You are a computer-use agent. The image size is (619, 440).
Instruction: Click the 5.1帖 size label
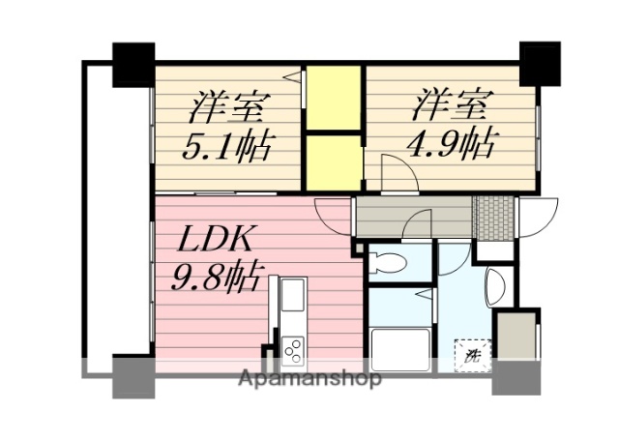[227, 148]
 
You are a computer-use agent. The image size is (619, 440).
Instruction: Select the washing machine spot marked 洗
[473, 355]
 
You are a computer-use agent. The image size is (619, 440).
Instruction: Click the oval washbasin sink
[493, 285]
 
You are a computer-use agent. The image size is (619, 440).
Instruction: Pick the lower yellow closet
[333, 161]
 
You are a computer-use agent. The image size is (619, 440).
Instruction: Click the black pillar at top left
[133, 65]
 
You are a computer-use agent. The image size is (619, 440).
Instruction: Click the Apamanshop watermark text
[309, 378]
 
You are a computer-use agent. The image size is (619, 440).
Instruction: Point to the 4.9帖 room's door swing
[397, 176]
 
